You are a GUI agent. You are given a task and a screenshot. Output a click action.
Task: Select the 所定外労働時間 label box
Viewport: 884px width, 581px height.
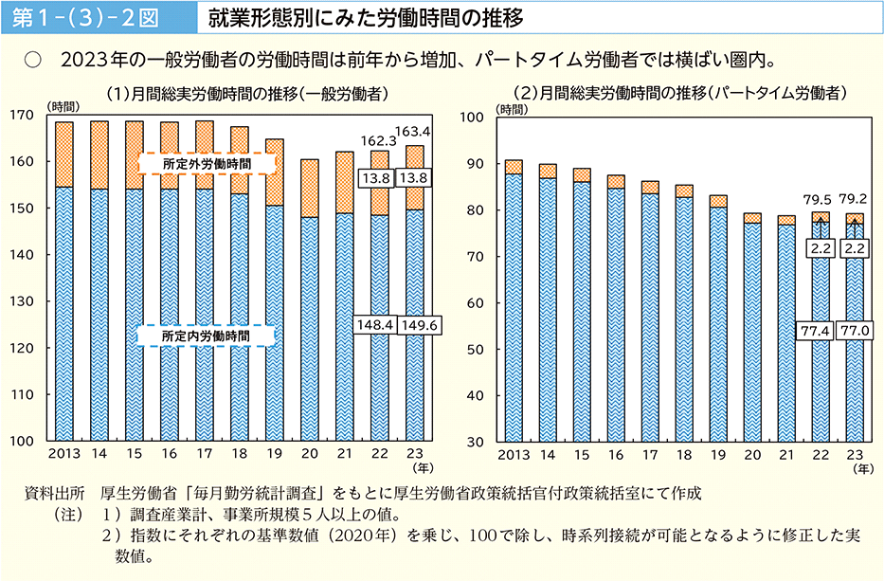[x=206, y=164]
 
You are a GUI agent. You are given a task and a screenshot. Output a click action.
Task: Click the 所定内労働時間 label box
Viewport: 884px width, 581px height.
[x=206, y=336]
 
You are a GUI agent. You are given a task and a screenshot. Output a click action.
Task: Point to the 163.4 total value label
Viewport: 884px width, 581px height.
[x=414, y=131]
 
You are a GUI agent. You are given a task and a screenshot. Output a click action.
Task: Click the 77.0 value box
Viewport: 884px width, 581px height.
[x=856, y=330]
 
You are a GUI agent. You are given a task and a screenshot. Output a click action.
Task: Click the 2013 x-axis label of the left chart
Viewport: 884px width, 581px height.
[x=63, y=455]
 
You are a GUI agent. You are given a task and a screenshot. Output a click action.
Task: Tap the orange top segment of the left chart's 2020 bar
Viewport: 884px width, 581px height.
[x=309, y=188]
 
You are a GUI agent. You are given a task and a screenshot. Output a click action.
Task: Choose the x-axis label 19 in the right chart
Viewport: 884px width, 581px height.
[x=718, y=455]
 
